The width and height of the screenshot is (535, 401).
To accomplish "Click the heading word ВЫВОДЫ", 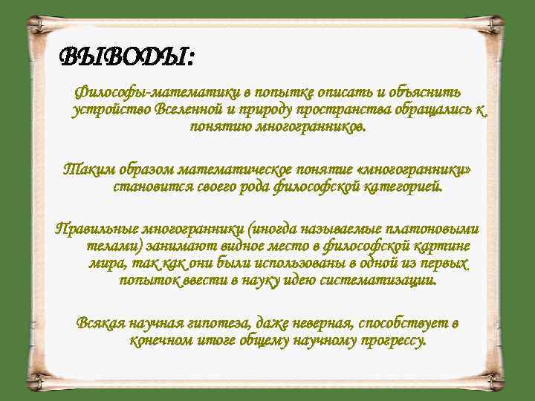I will click(124, 56).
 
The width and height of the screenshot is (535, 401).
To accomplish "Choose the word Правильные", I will click(96, 228).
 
